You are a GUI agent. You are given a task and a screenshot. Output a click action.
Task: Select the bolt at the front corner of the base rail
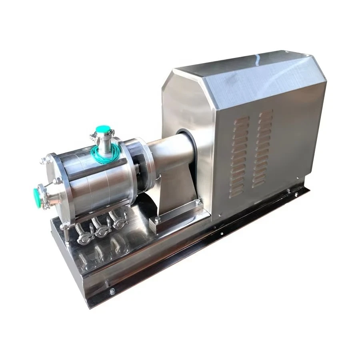click(112, 290)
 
